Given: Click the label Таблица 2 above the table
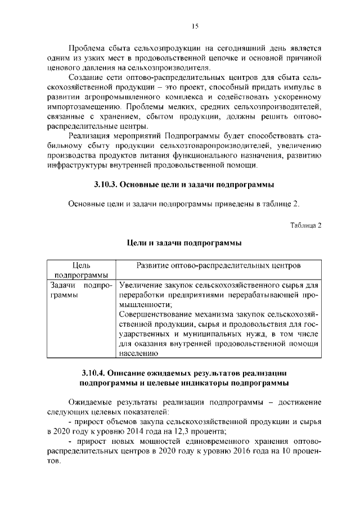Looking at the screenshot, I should click(x=305, y=226).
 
